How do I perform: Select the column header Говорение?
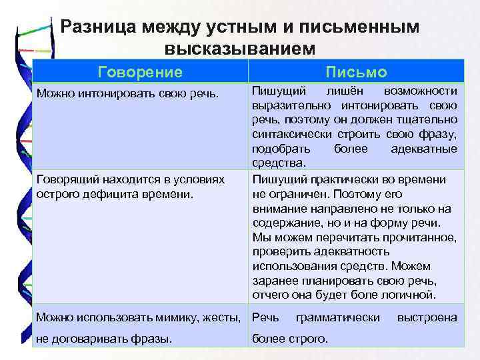pyautogui.click(x=139, y=71)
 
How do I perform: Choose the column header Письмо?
pyautogui.click(x=356, y=72)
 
